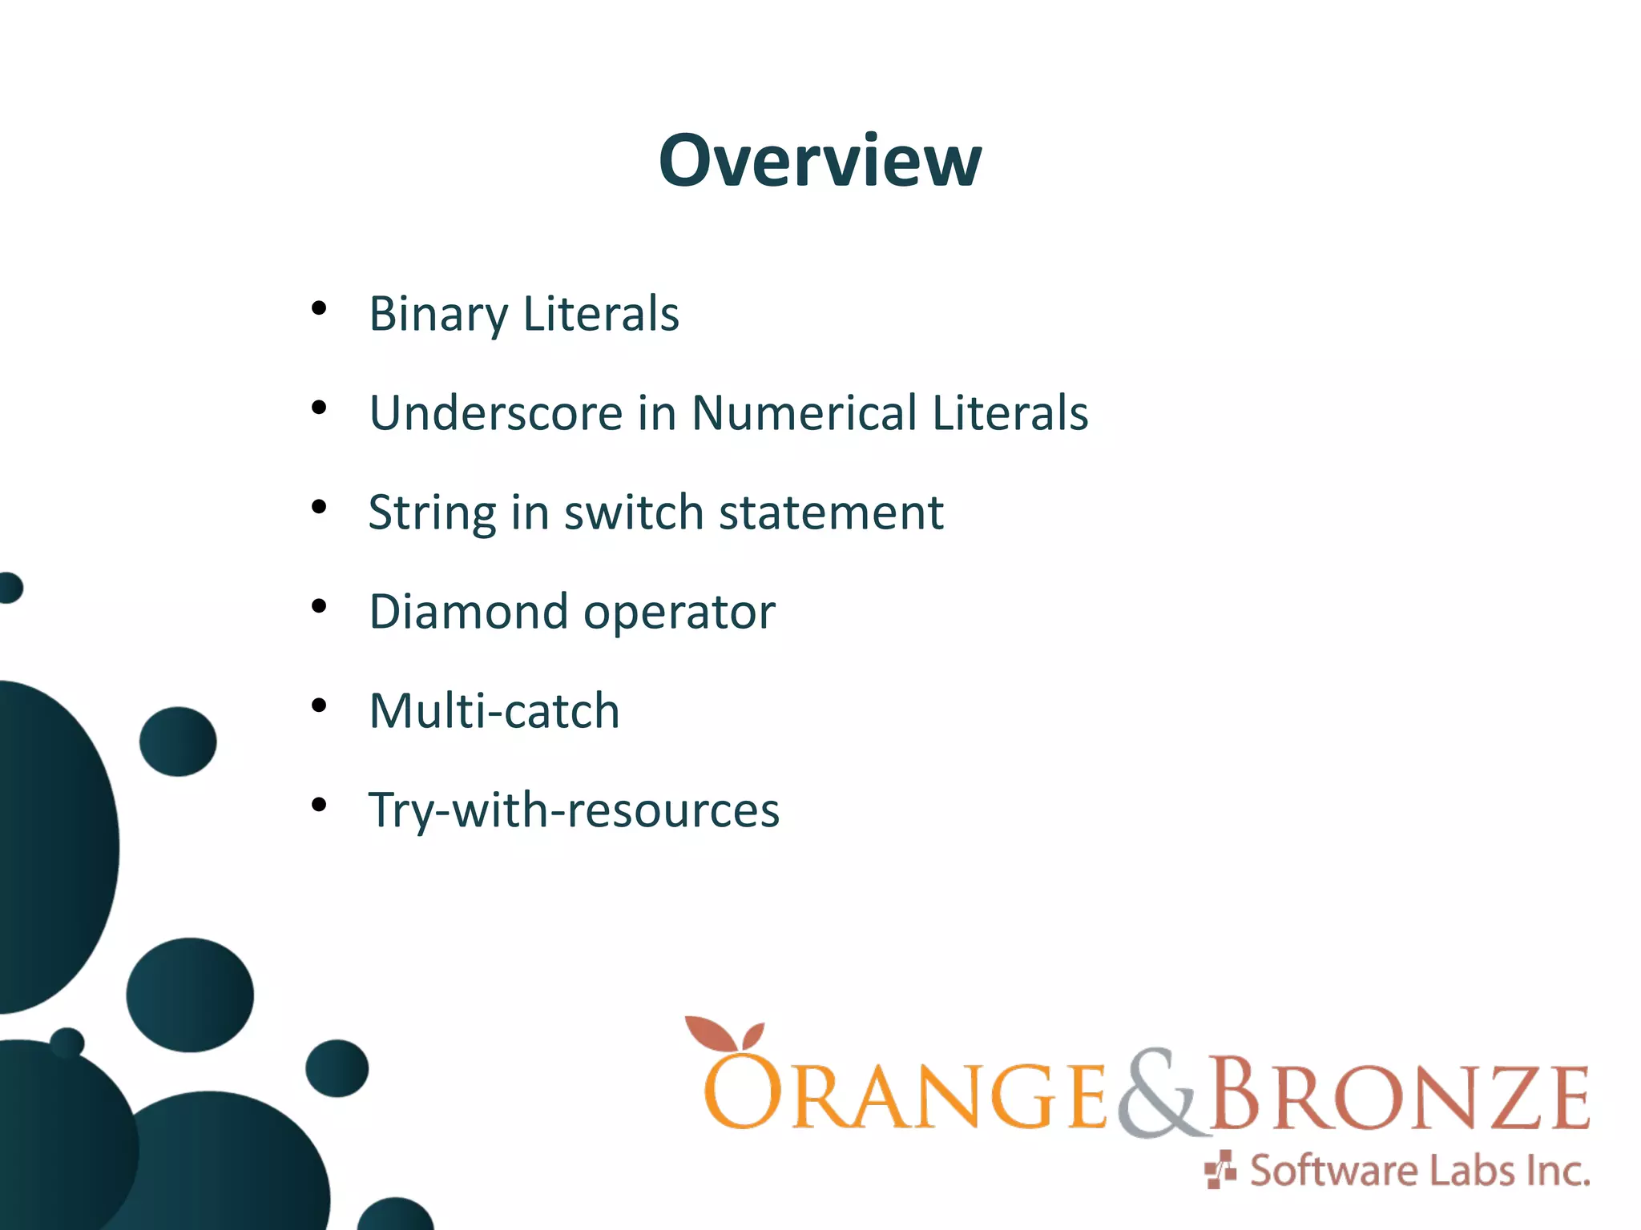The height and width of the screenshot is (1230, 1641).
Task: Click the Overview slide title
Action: [820, 161]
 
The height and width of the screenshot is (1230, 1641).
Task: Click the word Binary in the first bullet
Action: [437, 314]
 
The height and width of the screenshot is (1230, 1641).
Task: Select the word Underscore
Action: [495, 413]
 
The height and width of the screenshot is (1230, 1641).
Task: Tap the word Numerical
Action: [804, 413]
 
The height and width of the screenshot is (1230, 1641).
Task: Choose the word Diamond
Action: [468, 612]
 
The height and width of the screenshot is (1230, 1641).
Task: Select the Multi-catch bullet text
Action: [494, 711]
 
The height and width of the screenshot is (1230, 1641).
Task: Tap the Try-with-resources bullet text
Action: [574, 810]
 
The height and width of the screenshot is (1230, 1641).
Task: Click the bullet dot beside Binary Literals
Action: [319, 308]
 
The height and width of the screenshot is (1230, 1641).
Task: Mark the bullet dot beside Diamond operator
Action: [319, 606]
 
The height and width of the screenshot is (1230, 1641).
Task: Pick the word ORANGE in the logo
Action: [905, 1095]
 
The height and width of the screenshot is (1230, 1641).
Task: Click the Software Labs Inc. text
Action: [1419, 1171]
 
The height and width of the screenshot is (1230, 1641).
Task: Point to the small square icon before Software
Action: [1220, 1171]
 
